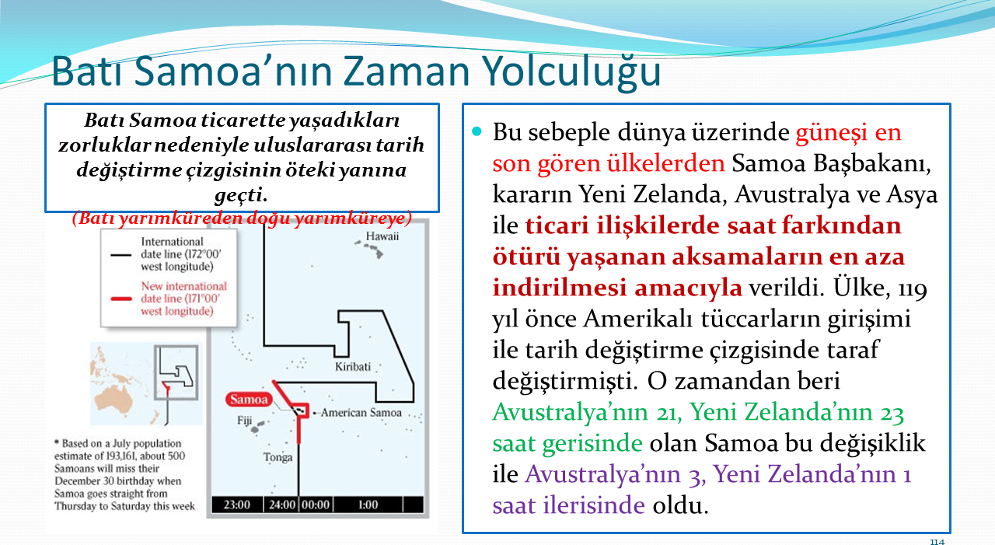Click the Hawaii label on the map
[382, 236]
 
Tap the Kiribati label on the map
[353, 367]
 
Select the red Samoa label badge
[249, 400]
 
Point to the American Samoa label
[361, 413]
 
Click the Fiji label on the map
[245, 420]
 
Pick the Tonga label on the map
[278, 457]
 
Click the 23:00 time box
[237, 505]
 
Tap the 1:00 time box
[368, 505]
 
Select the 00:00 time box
[316, 505]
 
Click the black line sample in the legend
[120, 255]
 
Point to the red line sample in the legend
[120, 299]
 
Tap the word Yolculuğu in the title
[572, 73]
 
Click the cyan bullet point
[477, 131]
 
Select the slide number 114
[937, 541]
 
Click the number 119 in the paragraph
[913, 288]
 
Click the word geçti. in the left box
[241, 195]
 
